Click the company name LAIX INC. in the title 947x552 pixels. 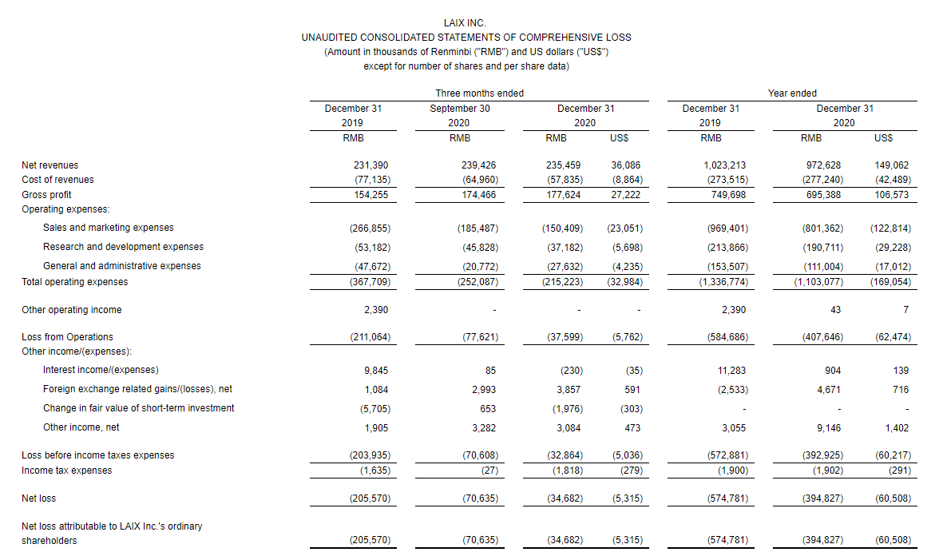[x=465, y=23]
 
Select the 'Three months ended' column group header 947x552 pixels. [x=479, y=93]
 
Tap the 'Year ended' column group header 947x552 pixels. [x=792, y=93]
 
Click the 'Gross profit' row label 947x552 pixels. [x=46, y=195]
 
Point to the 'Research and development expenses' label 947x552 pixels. [x=123, y=247]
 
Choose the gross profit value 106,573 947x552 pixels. [x=891, y=195]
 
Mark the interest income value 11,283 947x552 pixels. [x=734, y=370]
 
